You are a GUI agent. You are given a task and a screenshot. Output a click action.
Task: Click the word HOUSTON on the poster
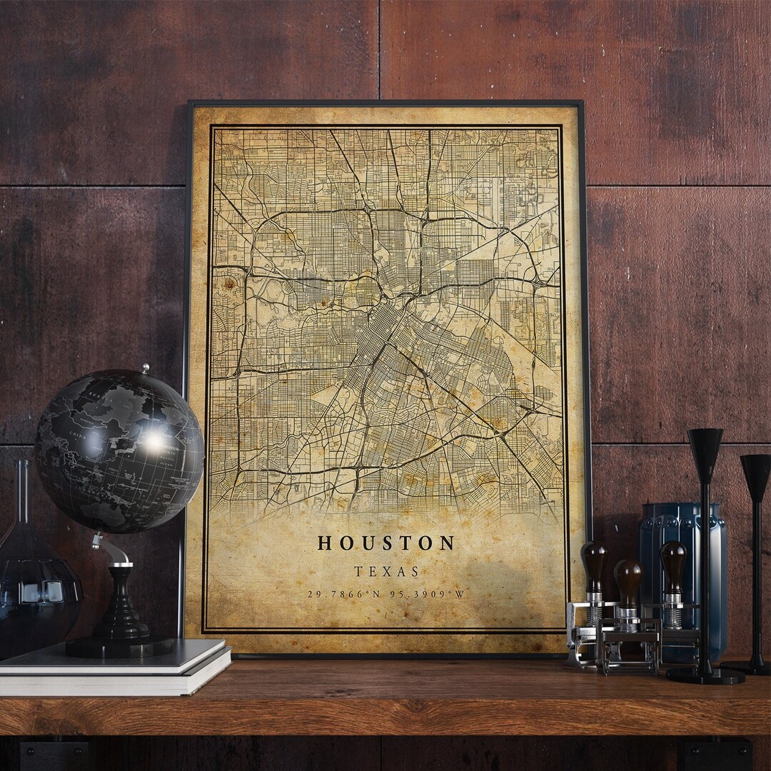tap(385, 543)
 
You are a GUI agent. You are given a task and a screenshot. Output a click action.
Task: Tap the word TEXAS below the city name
tap(386, 572)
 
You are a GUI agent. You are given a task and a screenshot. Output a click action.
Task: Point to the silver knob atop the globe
tap(145, 368)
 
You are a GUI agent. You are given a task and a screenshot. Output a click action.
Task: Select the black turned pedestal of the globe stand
tap(120, 607)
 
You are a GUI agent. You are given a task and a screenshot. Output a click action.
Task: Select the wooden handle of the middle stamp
tap(628, 580)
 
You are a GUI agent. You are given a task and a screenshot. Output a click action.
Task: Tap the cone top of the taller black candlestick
tap(705, 447)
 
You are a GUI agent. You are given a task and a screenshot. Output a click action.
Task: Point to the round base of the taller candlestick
tap(705, 674)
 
